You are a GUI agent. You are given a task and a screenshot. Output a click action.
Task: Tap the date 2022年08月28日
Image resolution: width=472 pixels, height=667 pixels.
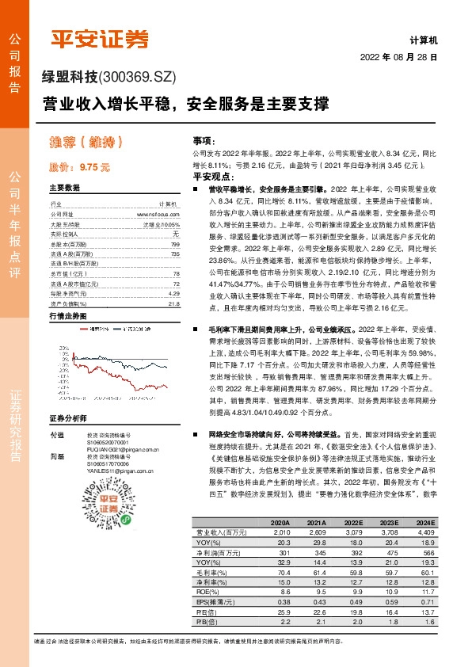point(398,58)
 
